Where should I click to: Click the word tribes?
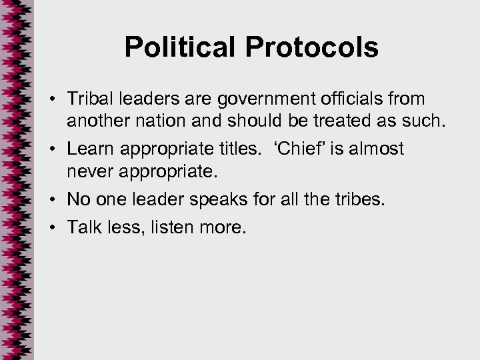click(360, 198)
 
